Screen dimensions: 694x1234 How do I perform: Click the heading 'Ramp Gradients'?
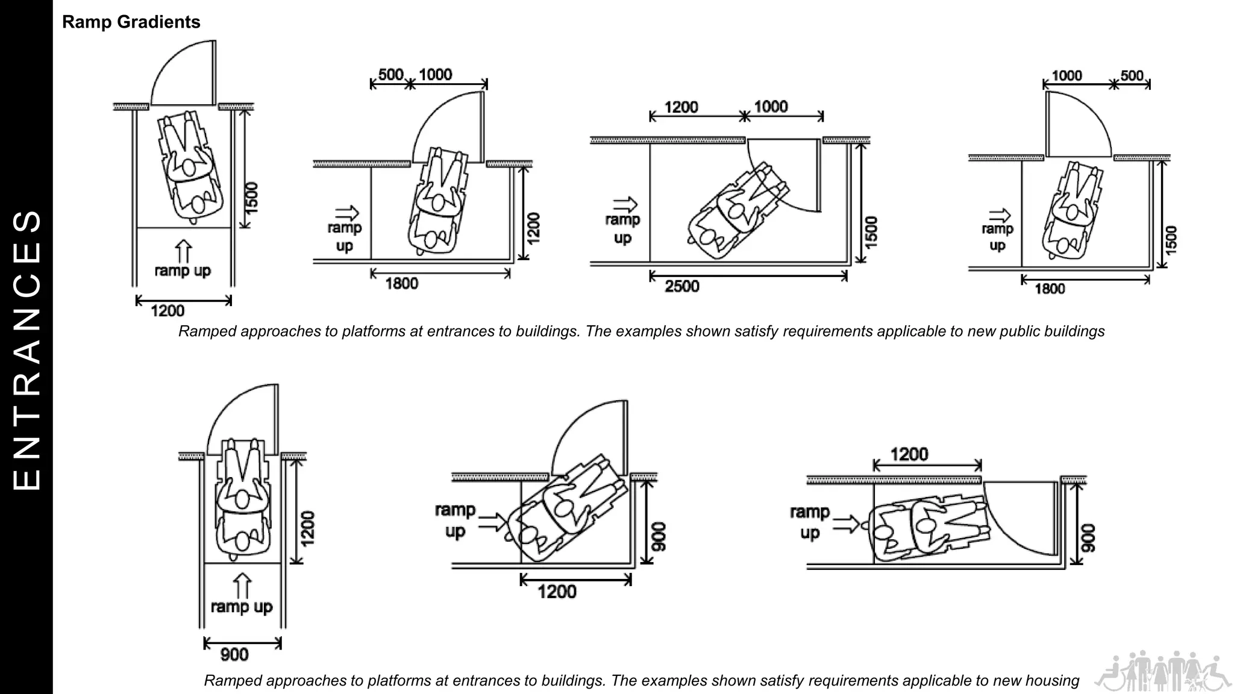[131, 22]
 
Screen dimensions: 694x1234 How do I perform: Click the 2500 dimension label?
[681, 286]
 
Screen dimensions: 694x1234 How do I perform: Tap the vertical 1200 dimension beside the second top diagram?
[533, 228]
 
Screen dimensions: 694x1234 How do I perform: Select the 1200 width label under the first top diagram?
[168, 311]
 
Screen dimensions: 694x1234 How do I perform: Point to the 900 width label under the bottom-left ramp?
[234, 654]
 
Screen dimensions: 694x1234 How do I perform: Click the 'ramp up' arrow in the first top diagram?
[183, 251]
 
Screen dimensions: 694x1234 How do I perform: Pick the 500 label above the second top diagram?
[390, 75]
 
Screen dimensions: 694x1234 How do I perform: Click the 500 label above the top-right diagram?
[1132, 76]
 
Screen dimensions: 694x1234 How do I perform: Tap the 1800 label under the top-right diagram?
[1050, 289]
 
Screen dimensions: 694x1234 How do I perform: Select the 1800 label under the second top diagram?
[401, 284]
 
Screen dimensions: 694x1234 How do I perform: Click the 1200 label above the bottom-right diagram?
[909, 454]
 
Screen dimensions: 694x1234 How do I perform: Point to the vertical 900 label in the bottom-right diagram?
[1088, 538]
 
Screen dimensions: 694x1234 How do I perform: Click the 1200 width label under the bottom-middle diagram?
[557, 592]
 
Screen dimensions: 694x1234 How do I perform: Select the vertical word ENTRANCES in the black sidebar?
[27, 349]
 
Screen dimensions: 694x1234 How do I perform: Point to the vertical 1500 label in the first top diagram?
[252, 197]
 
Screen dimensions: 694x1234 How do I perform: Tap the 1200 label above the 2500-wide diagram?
[681, 107]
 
